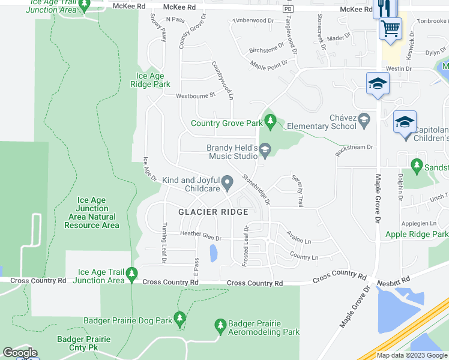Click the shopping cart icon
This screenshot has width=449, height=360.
[x=390, y=28]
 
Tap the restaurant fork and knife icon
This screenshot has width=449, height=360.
[x=382, y=8]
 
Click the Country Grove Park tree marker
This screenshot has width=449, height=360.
[x=270, y=122]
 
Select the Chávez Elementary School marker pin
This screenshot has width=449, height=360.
[x=364, y=122]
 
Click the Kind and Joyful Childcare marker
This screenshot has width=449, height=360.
[x=227, y=182]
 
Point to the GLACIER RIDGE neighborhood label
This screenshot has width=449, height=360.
[x=213, y=212]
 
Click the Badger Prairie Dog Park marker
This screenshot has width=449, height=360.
[x=178, y=319]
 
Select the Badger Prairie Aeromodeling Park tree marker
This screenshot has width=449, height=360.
[x=220, y=326]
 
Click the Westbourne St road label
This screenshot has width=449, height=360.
[x=195, y=96]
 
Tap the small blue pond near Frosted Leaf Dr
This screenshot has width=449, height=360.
[x=213, y=253]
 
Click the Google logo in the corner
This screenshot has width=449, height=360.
[x=20, y=353]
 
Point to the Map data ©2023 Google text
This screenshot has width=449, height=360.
[x=411, y=355]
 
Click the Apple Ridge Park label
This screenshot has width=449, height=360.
[x=417, y=234]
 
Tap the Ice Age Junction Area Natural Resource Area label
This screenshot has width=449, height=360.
[x=92, y=213]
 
